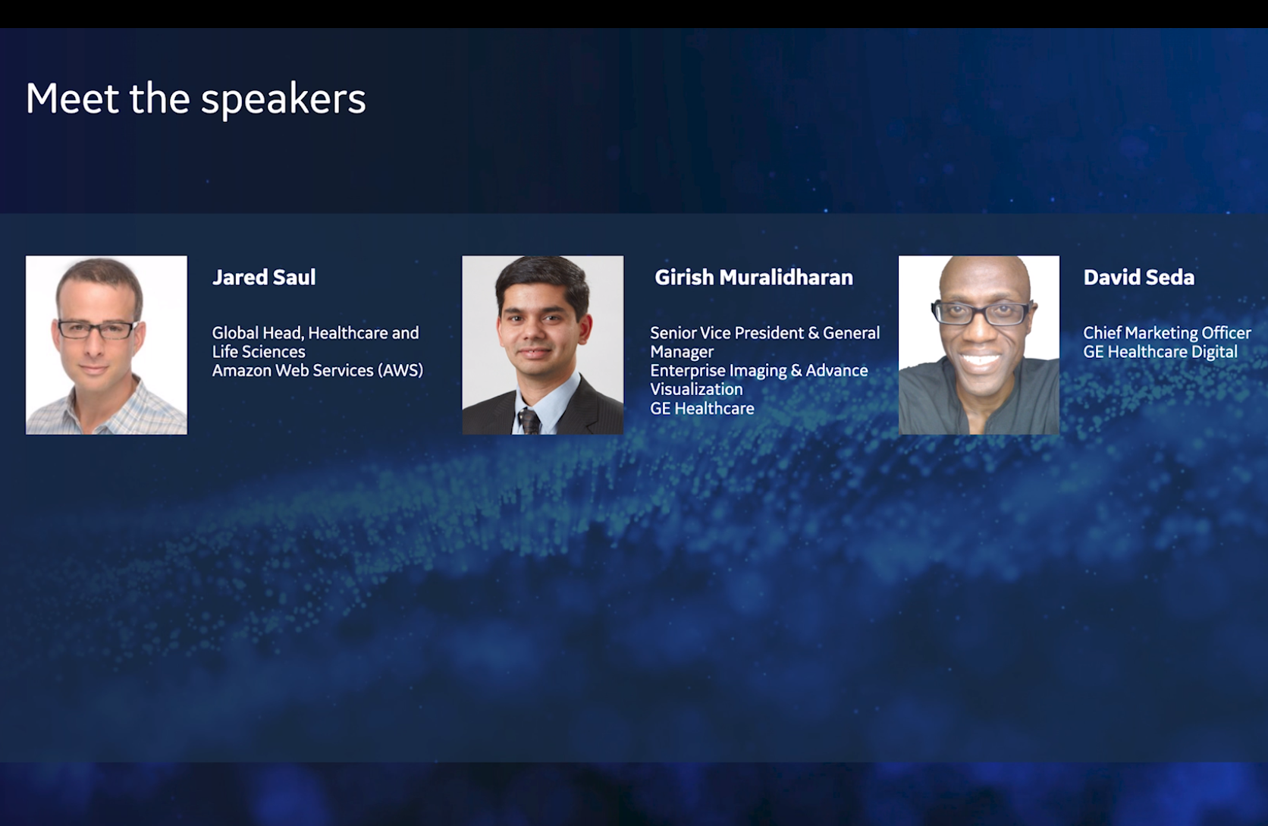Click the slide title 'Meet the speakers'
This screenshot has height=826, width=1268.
pyautogui.click(x=196, y=99)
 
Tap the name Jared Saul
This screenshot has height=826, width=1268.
pyautogui.click(x=264, y=277)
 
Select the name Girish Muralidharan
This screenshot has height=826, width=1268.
pyautogui.click(x=753, y=277)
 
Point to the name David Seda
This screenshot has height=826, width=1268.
pyautogui.click(x=1139, y=277)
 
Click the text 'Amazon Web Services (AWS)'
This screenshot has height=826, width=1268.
pyautogui.click(x=318, y=370)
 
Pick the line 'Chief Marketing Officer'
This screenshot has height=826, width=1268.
pyautogui.click(x=1167, y=333)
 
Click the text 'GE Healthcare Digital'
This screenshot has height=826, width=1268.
pyautogui.click(x=1160, y=352)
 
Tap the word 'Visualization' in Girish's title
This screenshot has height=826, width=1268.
pyautogui.click(x=696, y=389)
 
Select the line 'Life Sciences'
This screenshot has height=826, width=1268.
pyautogui.click(x=259, y=352)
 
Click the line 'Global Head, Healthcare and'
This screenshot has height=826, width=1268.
pyautogui.click(x=316, y=333)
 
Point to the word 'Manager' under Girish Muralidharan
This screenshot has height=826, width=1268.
pyautogui.click(x=682, y=352)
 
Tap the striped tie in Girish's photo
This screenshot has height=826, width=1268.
pyautogui.click(x=529, y=421)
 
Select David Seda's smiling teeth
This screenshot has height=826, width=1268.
pyautogui.click(x=980, y=360)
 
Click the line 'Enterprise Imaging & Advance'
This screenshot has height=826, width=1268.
pyautogui.click(x=759, y=370)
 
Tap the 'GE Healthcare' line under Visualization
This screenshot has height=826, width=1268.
pyautogui.click(x=702, y=408)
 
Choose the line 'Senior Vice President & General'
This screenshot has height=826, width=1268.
pyautogui.click(x=764, y=333)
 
